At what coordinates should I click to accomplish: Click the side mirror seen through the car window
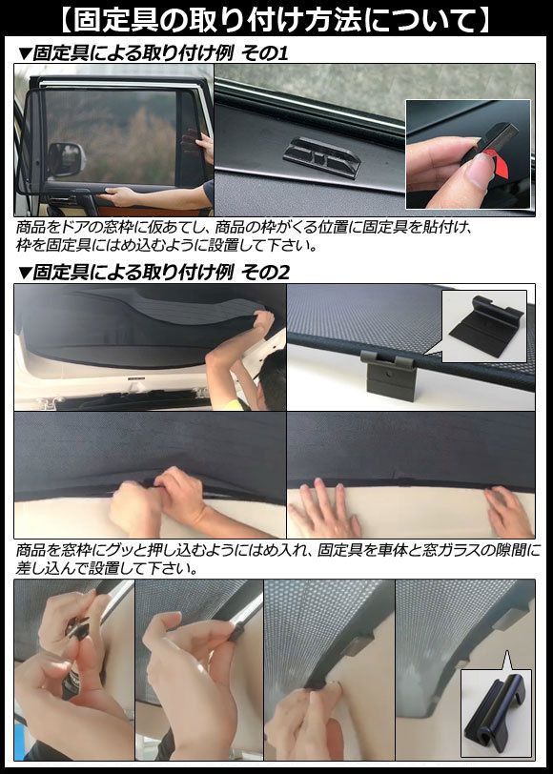click(66, 159)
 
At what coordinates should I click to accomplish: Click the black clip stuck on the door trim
click(322, 156)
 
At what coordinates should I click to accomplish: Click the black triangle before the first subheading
click(24, 53)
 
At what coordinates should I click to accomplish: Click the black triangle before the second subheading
click(24, 273)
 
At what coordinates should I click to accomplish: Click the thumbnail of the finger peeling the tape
click(468, 154)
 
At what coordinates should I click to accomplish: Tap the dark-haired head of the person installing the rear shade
click(272, 380)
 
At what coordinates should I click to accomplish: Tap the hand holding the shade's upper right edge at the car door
click(203, 146)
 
